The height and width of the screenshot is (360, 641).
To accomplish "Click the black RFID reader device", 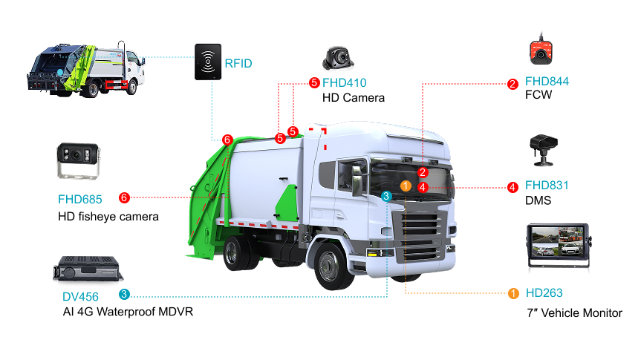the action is click(x=208, y=62).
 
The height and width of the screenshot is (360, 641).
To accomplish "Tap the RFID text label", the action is click(x=238, y=64).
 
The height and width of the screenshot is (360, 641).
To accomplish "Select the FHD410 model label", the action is click(x=344, y=83).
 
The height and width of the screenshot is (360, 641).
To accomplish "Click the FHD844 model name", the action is click(x=547, y=82).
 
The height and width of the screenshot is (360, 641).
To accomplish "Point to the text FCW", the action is click(x=538, y=95).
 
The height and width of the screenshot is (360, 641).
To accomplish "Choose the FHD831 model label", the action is click(x=547, y=186).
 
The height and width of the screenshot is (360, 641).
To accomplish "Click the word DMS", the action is click(x=538, y=200).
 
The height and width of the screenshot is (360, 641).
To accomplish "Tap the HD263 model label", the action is click(x=544, y=293).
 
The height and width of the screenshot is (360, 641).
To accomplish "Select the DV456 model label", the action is click(x=80, y=297).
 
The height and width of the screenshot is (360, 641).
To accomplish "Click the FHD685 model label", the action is click(x=79, y=200).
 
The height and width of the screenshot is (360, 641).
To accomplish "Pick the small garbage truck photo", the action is click(x=86, y=70).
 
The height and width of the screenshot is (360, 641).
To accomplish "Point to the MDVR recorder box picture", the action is click(x=88, y=269).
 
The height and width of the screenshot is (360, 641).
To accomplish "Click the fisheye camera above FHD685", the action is click(x=78, y=161).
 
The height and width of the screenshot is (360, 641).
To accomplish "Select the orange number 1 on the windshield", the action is click(x=406, y=186).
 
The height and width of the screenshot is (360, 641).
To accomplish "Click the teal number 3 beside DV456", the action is click(x=124, y=294).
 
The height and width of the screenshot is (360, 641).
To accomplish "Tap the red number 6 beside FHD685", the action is click(x=124, y=197).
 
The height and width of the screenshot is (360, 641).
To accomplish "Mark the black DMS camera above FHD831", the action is click(x=544, y=150).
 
